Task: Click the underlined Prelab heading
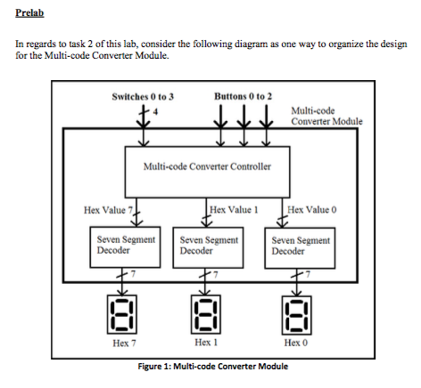[x=28, y=14]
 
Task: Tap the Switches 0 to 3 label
[x=144, y=95]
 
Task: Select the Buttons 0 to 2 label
[x=244, y=95]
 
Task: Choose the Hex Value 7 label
[x=108, y=211]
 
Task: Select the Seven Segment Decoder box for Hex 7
[x=124, y=245]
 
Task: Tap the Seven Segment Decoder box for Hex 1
[x=210, y=245]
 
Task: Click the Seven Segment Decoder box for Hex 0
[x=301, y=245]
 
